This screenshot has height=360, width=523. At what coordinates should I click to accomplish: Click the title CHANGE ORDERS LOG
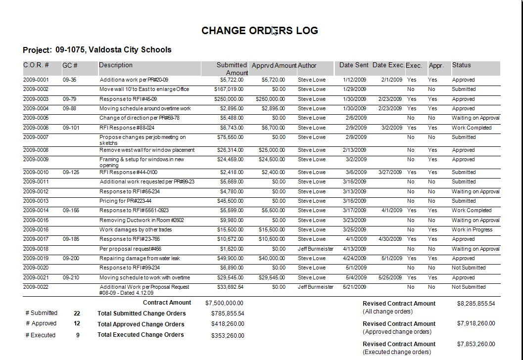259,31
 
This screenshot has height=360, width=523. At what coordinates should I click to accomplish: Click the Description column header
116,65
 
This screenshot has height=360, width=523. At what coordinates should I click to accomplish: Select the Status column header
461,65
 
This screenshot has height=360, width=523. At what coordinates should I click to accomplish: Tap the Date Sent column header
354,65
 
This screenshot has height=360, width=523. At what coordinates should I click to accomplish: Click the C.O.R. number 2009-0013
36,201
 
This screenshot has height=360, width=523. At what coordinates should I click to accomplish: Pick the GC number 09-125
71,173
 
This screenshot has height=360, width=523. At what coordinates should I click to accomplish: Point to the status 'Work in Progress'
472,230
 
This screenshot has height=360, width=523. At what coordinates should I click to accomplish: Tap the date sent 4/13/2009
354,249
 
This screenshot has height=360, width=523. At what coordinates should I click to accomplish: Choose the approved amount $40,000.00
272,259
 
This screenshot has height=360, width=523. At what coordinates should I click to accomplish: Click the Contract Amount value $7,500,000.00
224,303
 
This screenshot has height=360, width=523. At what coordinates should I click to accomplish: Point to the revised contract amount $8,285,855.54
476,304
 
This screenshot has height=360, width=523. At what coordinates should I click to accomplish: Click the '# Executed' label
41,335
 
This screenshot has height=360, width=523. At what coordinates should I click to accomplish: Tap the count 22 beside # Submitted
77,314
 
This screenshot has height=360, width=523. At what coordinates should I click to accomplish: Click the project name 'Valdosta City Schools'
130,50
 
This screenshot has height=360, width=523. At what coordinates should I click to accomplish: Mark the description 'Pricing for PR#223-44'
125,201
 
